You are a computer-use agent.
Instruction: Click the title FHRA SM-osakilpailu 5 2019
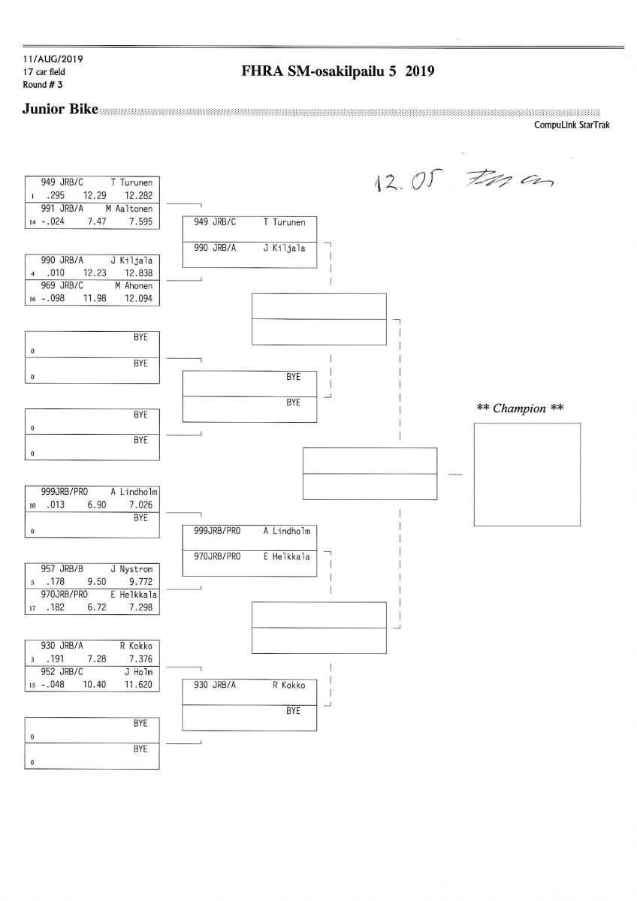pos(338,72)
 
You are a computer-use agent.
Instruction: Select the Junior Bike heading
pos(61,110)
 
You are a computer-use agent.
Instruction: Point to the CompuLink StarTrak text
pos(572,125)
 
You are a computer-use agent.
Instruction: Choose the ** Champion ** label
pos(521,408)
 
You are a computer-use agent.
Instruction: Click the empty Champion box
pos(527,475)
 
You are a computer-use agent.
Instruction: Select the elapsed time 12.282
pos(140,195)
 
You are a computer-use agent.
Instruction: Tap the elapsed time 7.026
pos(140,505)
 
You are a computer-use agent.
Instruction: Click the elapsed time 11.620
pos(140,685)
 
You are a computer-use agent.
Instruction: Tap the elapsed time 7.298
pos(140,607)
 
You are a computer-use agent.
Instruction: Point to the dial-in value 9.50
pos(95,581)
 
